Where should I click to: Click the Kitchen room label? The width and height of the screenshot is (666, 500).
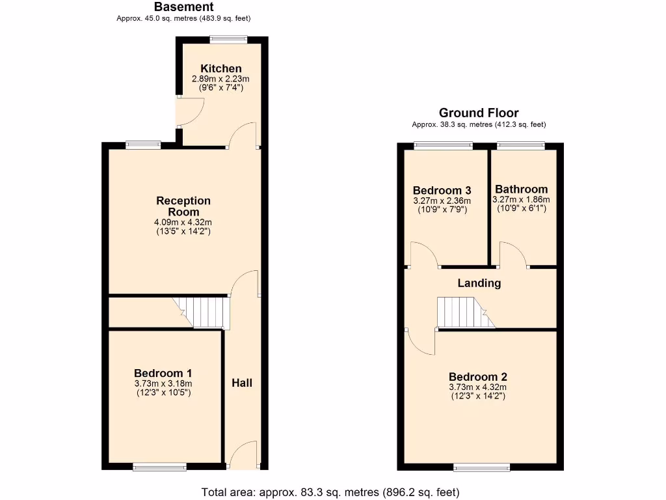click(220, 68)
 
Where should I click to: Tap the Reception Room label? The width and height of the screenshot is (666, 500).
click(183, 206)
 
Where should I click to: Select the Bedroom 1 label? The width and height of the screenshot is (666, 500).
click(163, 373)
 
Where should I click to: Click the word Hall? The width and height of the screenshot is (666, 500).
click(242, 383)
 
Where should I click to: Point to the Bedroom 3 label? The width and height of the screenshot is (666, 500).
click(442, 191)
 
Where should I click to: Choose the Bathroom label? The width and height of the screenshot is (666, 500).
click(521, 189)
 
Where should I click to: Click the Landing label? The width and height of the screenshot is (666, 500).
click(479, 283)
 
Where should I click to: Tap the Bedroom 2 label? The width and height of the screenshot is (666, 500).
click(477, 377)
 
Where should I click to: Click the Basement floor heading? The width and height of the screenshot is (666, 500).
click(183, 7)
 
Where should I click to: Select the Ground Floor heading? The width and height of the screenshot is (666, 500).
click(479, 113)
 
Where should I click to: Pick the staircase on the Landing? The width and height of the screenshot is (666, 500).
click(463, 313)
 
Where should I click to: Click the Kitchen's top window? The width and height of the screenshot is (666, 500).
click(228, 40)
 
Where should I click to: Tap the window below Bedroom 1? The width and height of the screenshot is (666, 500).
click(159, 466)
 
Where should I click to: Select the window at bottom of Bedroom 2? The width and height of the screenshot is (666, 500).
click(478, 466)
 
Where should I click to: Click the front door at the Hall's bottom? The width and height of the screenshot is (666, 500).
click(244, 455)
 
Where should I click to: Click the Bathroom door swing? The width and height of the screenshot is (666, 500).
click(513, 254)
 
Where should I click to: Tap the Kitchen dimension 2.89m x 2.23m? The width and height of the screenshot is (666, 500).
click(220, 79)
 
